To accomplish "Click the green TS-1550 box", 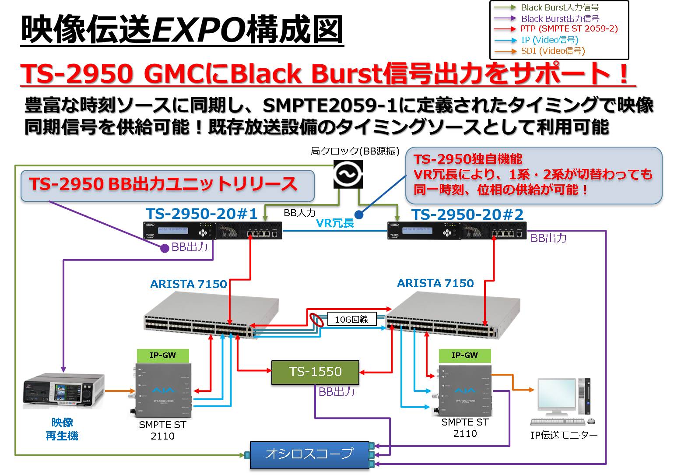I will (x=315, y=372).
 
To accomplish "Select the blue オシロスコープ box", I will (x=309, y=455).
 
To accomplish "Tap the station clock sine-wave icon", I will (x=348, y=174).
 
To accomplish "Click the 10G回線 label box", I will (x=352, y=319).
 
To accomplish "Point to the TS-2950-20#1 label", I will (x=201, y=214).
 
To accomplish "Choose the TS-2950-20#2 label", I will (x=467, y=215).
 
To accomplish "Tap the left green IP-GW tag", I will (x=163, y=355).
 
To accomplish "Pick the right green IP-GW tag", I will (x=465, y=355).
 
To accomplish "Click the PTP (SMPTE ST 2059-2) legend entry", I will (x=569, y=29).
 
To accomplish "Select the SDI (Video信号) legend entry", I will (x=553, y=51).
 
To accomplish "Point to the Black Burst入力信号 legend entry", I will (x=559, y=7).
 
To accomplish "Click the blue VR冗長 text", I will (x=335, y=223).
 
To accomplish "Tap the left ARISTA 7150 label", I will (x=189, y=284).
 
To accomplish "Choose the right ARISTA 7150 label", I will (x=435, y=283).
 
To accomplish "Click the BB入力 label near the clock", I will (x=299, y=213).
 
